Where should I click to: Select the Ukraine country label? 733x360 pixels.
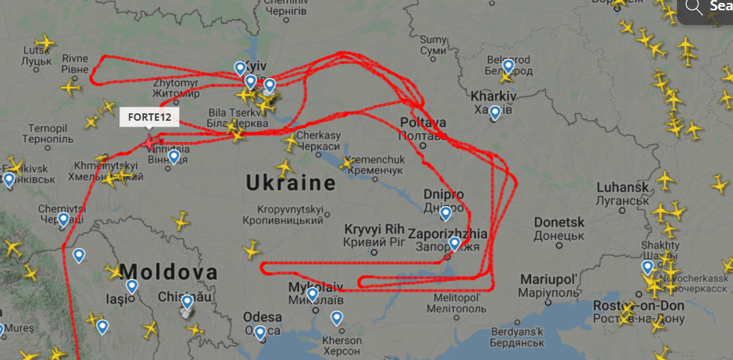coord(290,183)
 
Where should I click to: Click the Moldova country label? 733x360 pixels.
coord(169,272)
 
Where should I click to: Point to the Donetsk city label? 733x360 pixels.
coord(558,222)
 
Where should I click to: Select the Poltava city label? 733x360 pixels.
coord(424,122)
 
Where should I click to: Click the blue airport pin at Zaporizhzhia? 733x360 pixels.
coord(455,242)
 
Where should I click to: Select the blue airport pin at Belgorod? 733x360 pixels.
coord(508,66)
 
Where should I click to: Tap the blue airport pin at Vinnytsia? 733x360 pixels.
coord(173,155)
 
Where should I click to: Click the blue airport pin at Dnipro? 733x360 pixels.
coord(446,213)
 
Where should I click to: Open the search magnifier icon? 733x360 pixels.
coord(694,7)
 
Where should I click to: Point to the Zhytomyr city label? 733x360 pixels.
coord(176,83)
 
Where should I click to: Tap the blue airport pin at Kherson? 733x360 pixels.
coord(337,317)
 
